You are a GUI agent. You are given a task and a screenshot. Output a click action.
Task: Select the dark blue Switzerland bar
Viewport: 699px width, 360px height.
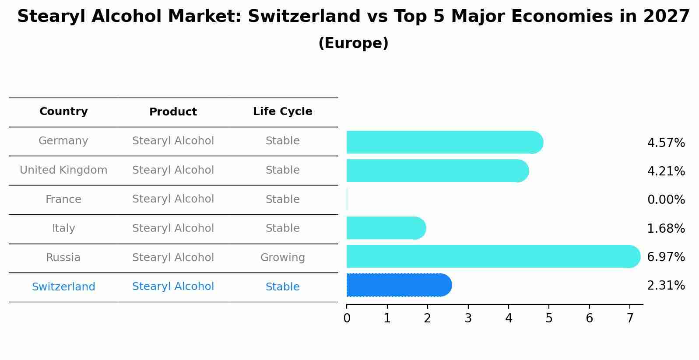398,285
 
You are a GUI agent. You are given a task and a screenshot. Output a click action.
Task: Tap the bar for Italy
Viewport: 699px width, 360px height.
385,228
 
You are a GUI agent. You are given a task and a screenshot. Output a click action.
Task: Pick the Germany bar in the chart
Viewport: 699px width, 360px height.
444,142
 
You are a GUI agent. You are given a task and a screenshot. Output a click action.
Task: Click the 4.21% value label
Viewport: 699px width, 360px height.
666,171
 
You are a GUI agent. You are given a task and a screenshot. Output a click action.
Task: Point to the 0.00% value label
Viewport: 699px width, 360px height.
666,200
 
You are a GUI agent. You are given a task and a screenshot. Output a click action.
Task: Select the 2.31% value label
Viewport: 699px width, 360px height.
666,286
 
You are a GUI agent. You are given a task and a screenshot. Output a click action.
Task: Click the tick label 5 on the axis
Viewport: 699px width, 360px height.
549,318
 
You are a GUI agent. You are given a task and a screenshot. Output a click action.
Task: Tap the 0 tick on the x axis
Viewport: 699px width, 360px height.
347,318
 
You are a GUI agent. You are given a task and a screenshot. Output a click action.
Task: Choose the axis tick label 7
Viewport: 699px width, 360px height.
630,318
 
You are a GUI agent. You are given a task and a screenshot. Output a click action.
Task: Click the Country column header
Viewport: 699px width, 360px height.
63,112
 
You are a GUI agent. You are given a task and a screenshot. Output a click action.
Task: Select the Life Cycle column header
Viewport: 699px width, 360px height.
282,112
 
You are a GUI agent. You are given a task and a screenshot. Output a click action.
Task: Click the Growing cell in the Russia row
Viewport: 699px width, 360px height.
282,258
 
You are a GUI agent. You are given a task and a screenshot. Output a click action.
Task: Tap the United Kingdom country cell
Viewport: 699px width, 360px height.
63,170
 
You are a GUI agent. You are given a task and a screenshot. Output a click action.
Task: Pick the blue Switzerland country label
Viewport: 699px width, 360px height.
63,287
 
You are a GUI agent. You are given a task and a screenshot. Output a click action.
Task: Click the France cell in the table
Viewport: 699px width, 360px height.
63,199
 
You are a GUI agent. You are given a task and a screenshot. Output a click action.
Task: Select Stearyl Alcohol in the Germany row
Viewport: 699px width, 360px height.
173,141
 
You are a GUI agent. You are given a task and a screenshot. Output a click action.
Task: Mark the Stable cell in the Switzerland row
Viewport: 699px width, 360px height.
282,287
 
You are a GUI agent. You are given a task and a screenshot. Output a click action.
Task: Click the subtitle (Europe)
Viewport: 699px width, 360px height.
353,43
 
